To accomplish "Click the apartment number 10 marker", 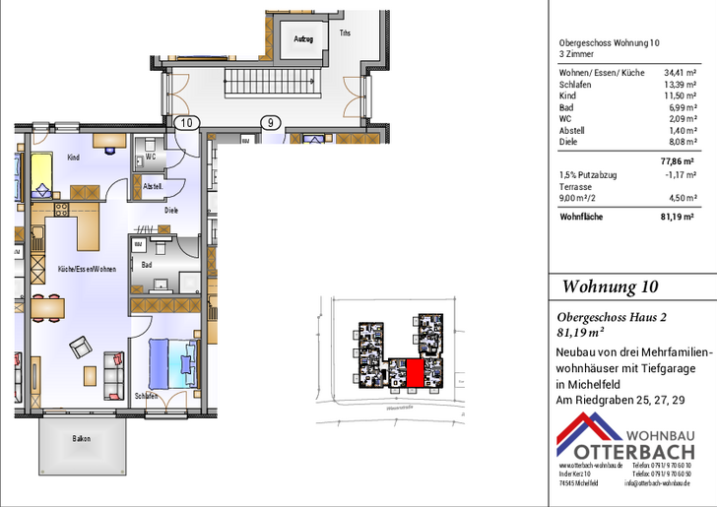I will [x=188, y=123].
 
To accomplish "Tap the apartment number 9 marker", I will [x=269, y=123].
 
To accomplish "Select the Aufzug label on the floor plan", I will [x=303, y=38].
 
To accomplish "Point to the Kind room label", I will [x=73, y=158].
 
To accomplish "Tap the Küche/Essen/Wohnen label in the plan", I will [x=87, y=268].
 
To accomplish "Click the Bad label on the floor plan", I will [x=147, y=265].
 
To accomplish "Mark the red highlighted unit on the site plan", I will [x=415, y=374].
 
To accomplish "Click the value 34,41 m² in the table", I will [x=679, y=72].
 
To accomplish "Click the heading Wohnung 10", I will [x=610, y=286].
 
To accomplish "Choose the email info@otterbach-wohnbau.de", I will [x=659, y=483].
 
